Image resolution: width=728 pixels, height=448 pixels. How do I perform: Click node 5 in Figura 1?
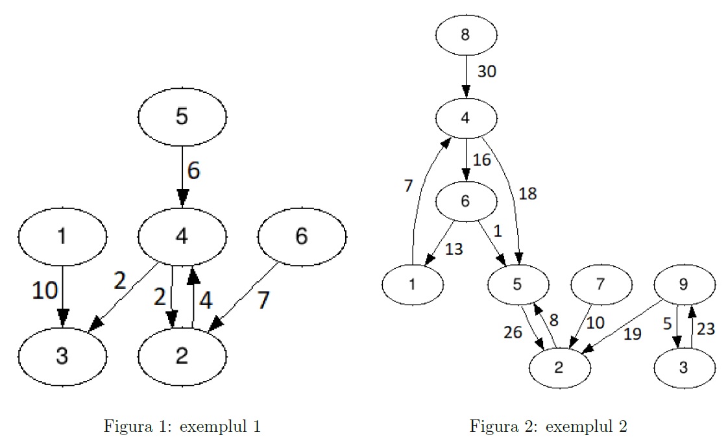(x=182, y=117)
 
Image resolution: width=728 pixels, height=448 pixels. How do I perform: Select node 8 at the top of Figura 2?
(x=465, y=35)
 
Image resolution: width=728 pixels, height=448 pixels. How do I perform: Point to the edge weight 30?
(x=487, y=72)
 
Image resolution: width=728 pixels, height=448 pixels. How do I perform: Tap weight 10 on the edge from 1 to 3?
(x=45, y=291)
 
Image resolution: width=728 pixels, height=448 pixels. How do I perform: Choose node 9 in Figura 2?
(x=684, y=284)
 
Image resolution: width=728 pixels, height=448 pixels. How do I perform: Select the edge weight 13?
(x=454, y=249)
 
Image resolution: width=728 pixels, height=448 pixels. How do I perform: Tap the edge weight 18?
(x=527, y=193)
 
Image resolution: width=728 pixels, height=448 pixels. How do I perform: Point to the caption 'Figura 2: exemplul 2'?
(x=548, y=427)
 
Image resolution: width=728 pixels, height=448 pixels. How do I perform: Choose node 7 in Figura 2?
(x=600, y=284)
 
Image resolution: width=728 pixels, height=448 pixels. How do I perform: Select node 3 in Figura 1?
(x=62, y=356)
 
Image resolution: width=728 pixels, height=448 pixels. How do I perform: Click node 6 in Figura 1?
(x=302, y=236)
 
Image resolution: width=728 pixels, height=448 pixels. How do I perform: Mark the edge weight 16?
(x=482, y=160)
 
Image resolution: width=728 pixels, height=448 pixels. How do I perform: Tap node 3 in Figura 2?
(x=684, y=367)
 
